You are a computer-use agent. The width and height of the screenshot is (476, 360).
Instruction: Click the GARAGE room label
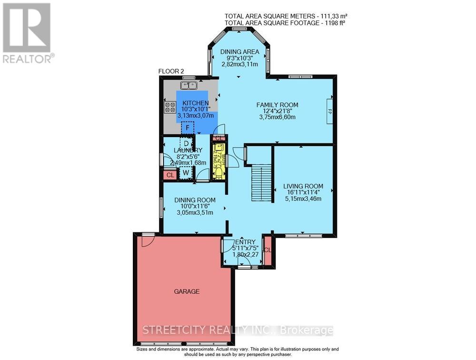(x=186, y=291)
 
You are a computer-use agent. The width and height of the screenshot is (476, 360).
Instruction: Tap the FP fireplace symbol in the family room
(x=329, y=111)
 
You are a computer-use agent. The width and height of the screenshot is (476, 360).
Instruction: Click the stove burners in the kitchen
(x=170, y=107)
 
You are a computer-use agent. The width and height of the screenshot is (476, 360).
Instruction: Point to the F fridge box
(x=188, y=128)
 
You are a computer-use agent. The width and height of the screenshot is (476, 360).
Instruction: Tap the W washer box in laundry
(x=186, y=172)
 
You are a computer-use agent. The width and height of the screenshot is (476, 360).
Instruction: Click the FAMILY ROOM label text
(x=277, y=105)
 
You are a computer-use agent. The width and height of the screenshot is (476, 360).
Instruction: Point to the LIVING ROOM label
(x=303, y=186)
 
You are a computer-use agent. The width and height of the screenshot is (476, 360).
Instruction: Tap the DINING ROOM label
(x=194, y=200)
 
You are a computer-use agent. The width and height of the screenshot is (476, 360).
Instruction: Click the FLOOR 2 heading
(x=171, y=71)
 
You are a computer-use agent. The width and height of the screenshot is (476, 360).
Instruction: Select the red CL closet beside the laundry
(x=170, y=175)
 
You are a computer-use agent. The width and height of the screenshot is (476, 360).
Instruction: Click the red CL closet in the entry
(x=268, y=250)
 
